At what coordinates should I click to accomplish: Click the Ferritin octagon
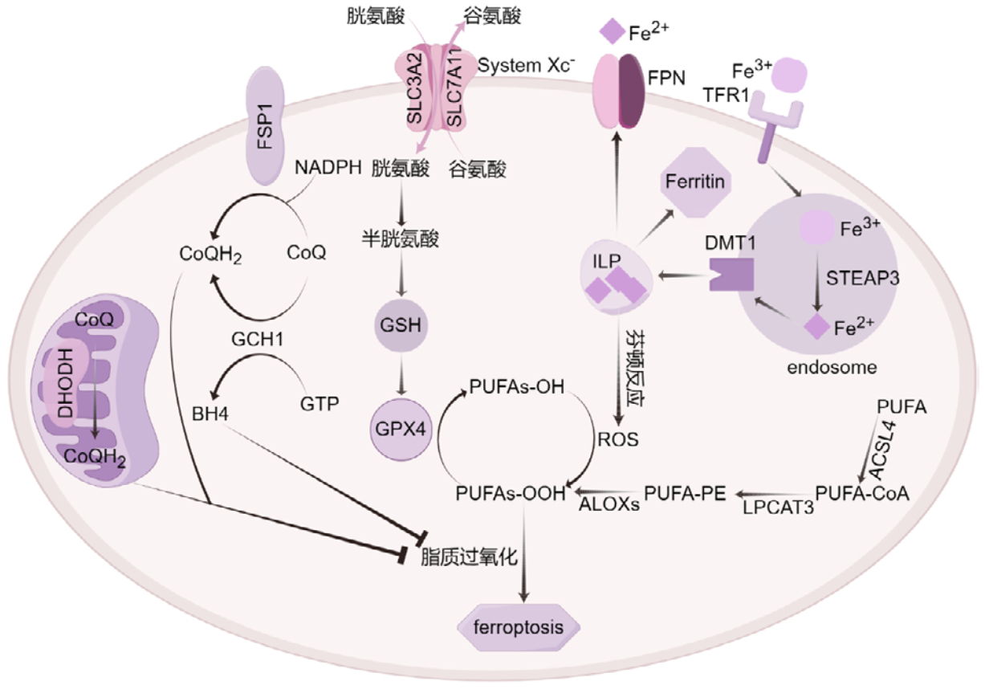tap(695, 182)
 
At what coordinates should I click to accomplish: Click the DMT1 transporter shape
tap(728, 275)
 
